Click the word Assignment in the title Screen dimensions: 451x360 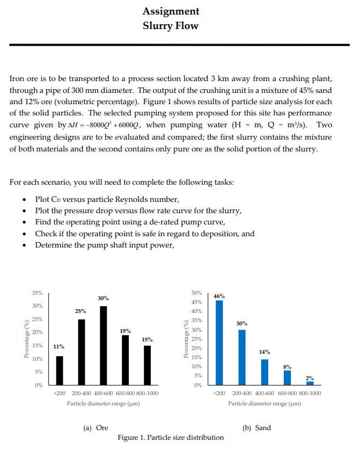click(x=171, y=11)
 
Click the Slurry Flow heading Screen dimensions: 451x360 click(x=171, y=25)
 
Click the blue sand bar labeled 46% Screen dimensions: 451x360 click(x=219, y=343)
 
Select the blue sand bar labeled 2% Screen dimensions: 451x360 click(x=310, y=383)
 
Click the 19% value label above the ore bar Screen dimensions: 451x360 click(x=125, y=331)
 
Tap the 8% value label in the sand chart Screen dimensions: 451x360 click(x=287, y=366)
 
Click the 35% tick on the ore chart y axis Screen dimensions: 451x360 click(x=38, y=293)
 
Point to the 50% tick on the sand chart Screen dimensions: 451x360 click(x=196, y=293)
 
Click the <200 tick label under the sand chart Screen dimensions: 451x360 click(x=218, y=393)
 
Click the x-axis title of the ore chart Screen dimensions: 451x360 click(x=104, y=403)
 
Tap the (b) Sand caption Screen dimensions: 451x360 click(x=256, y=427)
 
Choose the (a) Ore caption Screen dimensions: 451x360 click(x=95, y=427)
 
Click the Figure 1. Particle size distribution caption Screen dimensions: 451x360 click(x=171, y=437)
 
